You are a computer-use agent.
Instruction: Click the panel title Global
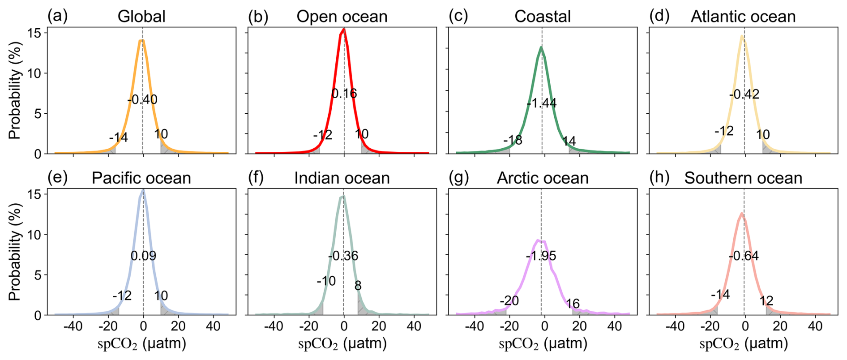pos(141,17)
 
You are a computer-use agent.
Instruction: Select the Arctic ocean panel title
pos(543,178)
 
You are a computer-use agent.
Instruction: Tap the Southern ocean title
pos(743,178)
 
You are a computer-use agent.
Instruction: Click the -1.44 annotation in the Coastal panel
pos(542,103)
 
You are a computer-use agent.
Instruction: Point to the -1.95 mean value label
pos(541,256)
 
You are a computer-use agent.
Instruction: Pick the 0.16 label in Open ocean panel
pos(344,94)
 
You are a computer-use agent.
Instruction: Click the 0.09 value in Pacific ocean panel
pos(143,256)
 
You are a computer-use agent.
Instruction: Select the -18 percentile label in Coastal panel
pos(513,141)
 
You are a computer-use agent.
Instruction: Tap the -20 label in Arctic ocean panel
pos(509,301)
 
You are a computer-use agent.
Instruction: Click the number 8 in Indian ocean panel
pos(358,286)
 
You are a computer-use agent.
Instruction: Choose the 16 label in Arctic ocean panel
pos(573,304)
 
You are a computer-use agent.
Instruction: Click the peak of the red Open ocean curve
pos(344,30)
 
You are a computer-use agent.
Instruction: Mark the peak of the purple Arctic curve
pos(539,240)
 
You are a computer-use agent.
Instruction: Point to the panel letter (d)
pos(659,16)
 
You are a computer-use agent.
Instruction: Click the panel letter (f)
pos(256,178)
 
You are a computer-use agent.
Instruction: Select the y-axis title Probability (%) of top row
pos(15,91)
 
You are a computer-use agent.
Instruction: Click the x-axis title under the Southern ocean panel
pos(743,344)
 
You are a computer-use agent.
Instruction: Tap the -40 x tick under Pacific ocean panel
pos(73,326)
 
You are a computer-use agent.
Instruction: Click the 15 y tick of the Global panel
pos(34,33)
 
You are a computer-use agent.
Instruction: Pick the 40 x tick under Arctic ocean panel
pos(615,326)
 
